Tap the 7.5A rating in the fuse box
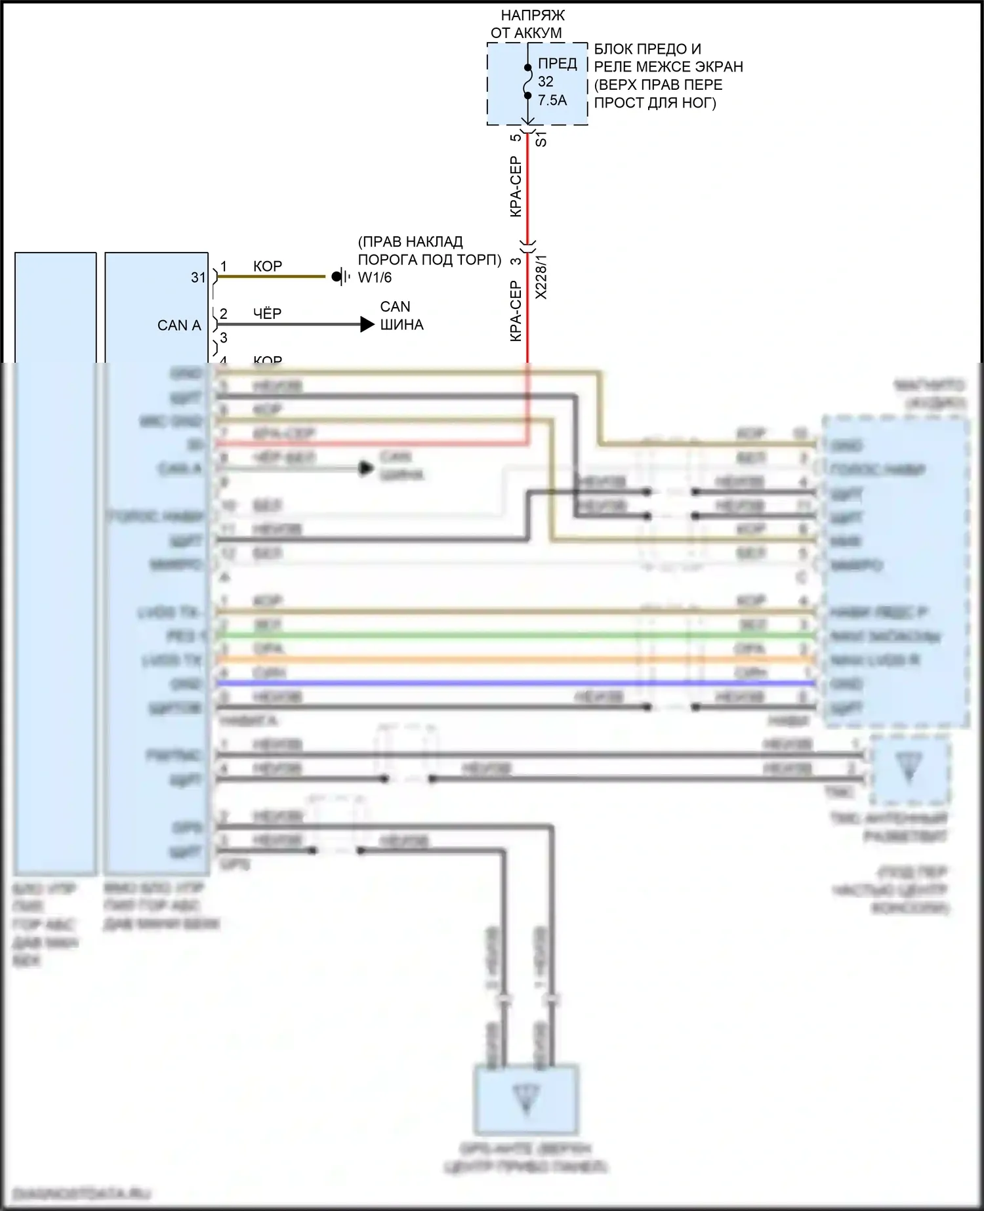[x=552, y=100]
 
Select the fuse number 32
[x=546, y=82]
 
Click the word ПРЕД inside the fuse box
[x=558, y=64]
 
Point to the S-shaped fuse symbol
[x=527, y=81]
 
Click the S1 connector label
[x=541, y=138]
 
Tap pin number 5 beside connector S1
[x=516, y=137]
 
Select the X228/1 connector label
[x=541, y=277]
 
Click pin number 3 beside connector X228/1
[x=516, y=260]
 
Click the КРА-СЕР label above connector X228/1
[x=516, y=187]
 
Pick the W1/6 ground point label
[x=375, y=277]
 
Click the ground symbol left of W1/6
[x=339, y=277]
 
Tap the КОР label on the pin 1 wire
[x=268, y=266]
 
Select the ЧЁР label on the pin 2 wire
[x=268, y=314]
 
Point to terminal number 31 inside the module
[x=198, y=277]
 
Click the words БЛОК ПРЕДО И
[x=647, y=49]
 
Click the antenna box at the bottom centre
[x=527, y=1100]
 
